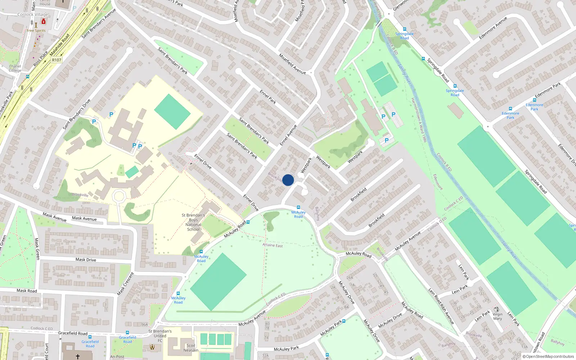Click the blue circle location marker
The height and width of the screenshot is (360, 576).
click(288, 180)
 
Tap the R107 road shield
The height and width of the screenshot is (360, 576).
click(57, 60)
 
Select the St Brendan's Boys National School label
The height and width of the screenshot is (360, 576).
click(193, 222)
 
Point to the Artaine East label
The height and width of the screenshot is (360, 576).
click(273, 245)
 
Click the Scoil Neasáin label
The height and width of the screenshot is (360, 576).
click(191, 348)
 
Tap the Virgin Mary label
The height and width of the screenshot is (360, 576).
click(498, 316)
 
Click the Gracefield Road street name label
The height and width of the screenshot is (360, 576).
click(73, 333)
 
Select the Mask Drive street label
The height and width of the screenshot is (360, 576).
click(86, 260)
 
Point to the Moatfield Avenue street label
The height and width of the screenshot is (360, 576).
click(292, 64)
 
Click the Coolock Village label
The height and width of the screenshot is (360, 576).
click(33, 14)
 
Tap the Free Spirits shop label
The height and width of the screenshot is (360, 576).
click(36, 31)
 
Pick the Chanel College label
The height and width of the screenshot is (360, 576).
click(15, 68)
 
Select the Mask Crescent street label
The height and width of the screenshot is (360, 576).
click(126, 284)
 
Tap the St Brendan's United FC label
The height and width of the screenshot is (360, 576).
click(160, 336)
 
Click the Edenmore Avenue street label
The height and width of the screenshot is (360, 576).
click(493, 28)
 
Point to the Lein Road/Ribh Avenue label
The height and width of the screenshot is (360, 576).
click(441, 306)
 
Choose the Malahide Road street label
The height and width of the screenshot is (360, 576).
click(60, 45)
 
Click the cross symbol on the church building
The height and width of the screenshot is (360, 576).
click(78, 356)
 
